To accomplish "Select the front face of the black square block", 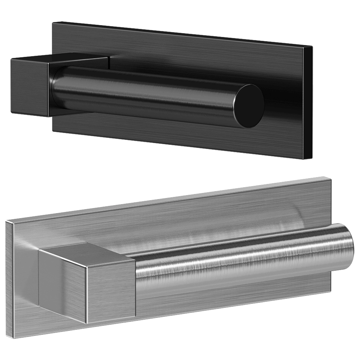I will click(x=29, y=87).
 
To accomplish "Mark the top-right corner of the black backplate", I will click(x=312, y=46).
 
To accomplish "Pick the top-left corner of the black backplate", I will click(x=53, y=22).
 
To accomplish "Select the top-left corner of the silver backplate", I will click(x=5, y=220).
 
